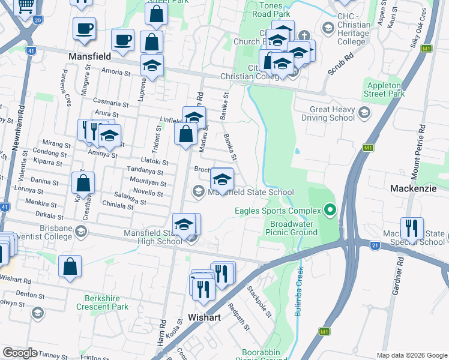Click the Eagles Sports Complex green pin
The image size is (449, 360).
[x=330, y=210]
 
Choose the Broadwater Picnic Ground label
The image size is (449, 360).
[x=293, y=227]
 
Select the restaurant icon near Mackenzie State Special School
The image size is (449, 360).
[x=412, y=229]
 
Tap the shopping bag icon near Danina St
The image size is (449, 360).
[x=83, y=183]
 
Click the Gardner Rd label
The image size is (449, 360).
[x=398, y=275]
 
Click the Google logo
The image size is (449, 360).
[x=20, y=353]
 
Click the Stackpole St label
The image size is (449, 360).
[x=260, y=301]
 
